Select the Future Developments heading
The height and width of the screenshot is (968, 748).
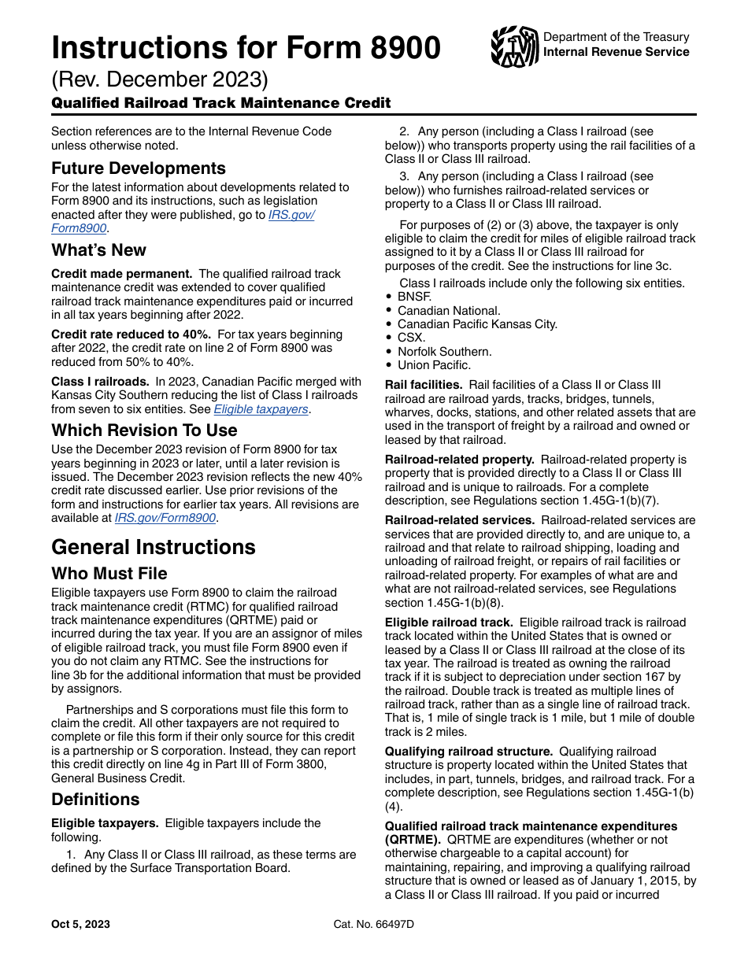pos(139,168)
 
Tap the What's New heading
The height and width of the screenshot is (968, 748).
pos(99,250)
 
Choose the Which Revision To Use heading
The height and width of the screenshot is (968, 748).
pos(144,430)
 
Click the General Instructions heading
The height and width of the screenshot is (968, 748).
pos(154,547)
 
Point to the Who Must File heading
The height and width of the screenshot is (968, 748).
pos(109,573)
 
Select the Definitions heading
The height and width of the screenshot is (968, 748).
pos(95,800)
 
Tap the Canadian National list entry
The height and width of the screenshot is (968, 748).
pos(449,311)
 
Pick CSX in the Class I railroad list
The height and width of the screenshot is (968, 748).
pos(411,338)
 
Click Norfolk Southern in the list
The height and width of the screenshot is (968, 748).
pos(444,352)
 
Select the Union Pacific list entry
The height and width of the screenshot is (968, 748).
pos(434,365)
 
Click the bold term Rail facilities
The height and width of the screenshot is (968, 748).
pos(424,385)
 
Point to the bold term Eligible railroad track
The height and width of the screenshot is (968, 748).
pos(449,623)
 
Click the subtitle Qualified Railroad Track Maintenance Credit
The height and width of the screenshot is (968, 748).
pos(221,103)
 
